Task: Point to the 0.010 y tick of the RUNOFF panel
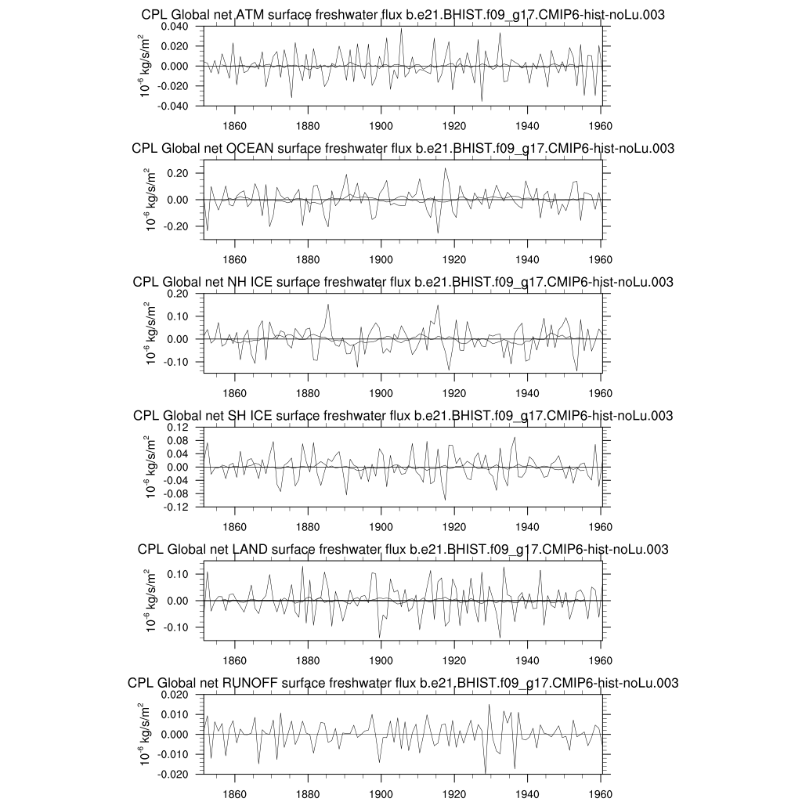(179, 715)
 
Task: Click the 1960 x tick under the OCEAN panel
(601, 259)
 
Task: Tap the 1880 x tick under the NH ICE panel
(308, 393)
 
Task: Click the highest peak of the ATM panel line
(401, 29)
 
